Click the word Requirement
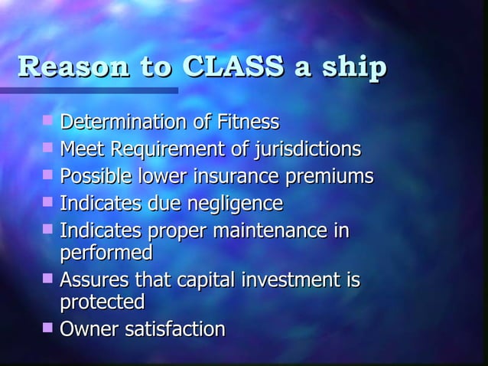[x=154, y=149]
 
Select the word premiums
[x=331, y=178]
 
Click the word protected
[x=102, y=302]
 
